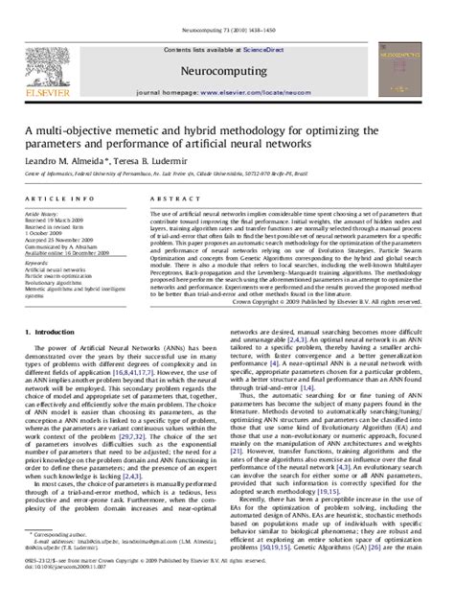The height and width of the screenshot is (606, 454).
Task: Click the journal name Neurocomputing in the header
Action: pos(224,70)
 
